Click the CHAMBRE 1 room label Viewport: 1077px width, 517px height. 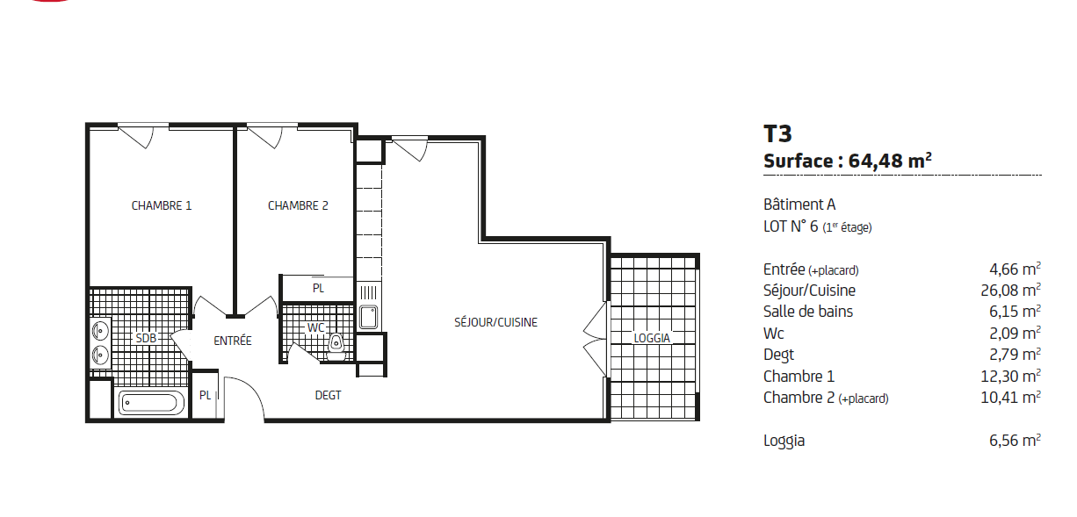[x=162, y=205]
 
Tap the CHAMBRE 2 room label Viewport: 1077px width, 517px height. [x=298, y=205]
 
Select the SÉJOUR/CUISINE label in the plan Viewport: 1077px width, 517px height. [x=495, y=322]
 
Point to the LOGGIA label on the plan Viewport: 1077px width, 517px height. [x=652, y=338]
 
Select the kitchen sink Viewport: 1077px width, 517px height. [x=369, y=317]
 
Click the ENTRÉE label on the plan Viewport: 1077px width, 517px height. [x=233, y=341]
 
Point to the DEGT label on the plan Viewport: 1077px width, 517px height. [x=328, y=395]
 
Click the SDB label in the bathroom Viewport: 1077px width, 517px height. [x=146, y=338]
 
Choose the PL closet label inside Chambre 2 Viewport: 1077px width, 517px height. [x=318, y=288]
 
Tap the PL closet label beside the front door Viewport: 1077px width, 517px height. [x=205, y=395]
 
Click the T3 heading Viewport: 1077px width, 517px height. [x=777, y=133]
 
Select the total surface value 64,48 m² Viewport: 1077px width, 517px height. [x=890, y=161]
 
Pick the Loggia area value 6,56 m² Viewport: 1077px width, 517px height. [x=1015, y=440]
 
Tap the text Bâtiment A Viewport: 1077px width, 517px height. [x=799, y=205]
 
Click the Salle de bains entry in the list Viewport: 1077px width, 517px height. [x=808, y=312]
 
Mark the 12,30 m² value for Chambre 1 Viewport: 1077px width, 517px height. [x=1010, y=376]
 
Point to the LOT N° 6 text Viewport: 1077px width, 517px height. [x=791, y=226]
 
